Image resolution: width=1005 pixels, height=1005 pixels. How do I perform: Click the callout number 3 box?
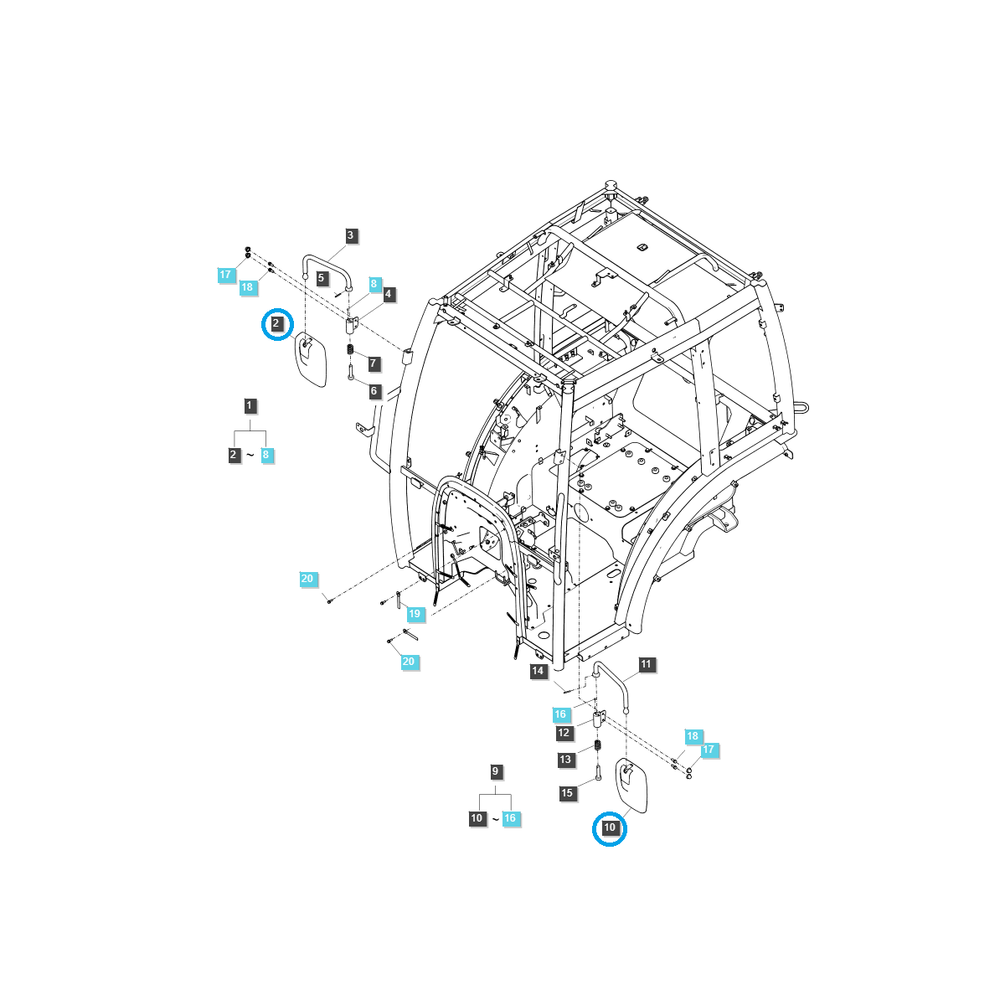[x=351, y=236]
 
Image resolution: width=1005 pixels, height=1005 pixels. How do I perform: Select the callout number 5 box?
[x=322, y=277]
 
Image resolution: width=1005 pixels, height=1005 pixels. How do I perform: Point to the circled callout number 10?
[x=610, y=828]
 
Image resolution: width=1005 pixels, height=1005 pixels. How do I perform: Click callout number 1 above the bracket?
[x=250, y=406]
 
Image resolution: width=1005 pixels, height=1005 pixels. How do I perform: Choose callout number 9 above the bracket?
[x=495, y=771]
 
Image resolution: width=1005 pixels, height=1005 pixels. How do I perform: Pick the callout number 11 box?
[x=646, y=665]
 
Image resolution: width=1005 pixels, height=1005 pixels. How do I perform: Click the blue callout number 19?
[x=415, y=615]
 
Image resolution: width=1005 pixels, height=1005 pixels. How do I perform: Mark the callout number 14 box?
[x=538, y=672]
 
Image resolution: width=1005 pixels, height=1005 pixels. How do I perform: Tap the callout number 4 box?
[x=388, y=294]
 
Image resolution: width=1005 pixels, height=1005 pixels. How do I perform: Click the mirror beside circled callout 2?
[x=310, y=359]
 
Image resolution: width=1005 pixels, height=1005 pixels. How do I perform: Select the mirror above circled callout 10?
[x=632, y=785]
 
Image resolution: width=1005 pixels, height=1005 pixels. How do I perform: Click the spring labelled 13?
[x=598, y=745]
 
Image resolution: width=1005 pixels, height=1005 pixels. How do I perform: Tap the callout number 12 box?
[x=564, y=734]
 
